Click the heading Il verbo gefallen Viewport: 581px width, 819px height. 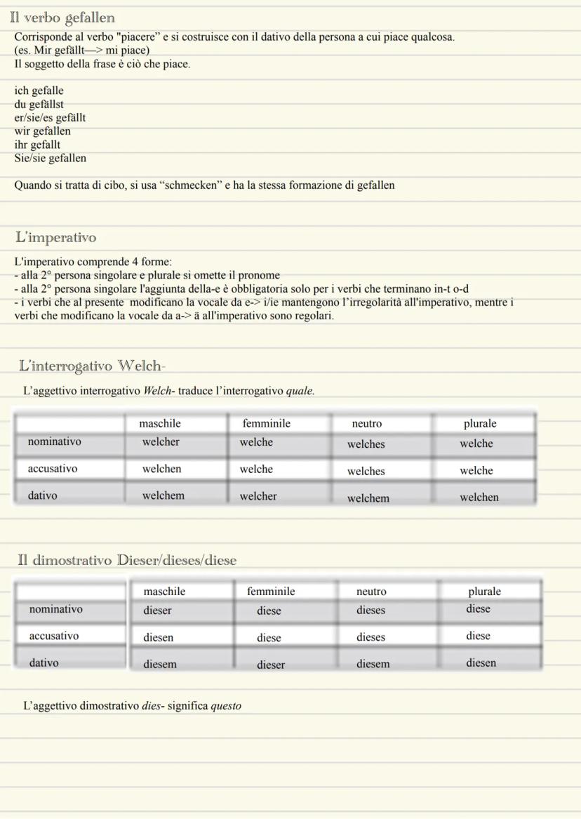pos(62,18)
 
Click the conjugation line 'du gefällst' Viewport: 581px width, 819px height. pos(39,104)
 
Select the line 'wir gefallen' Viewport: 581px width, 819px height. pos(43,131)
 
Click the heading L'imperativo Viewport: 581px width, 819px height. pos(56,238)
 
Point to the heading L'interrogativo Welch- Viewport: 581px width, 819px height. pos(93,366)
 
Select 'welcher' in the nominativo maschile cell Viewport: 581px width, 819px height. pos(161,442)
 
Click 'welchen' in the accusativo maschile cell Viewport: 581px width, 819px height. pos(161,469)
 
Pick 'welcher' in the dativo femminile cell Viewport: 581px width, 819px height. pos(258,496)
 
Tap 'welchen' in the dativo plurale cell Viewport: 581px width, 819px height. pos(479,498)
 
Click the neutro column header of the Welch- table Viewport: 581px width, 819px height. pos(367,424)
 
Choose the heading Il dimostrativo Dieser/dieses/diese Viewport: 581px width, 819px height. pos(127,560)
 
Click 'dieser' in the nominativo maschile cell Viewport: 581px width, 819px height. pos(157,611)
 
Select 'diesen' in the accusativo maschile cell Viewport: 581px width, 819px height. pos(159,638)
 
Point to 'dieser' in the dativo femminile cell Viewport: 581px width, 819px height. pos(271,665)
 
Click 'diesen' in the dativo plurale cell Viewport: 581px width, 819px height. pos(481,662)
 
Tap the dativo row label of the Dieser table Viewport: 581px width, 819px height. pos(44,662)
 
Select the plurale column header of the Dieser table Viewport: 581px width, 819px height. pos(485,592)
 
